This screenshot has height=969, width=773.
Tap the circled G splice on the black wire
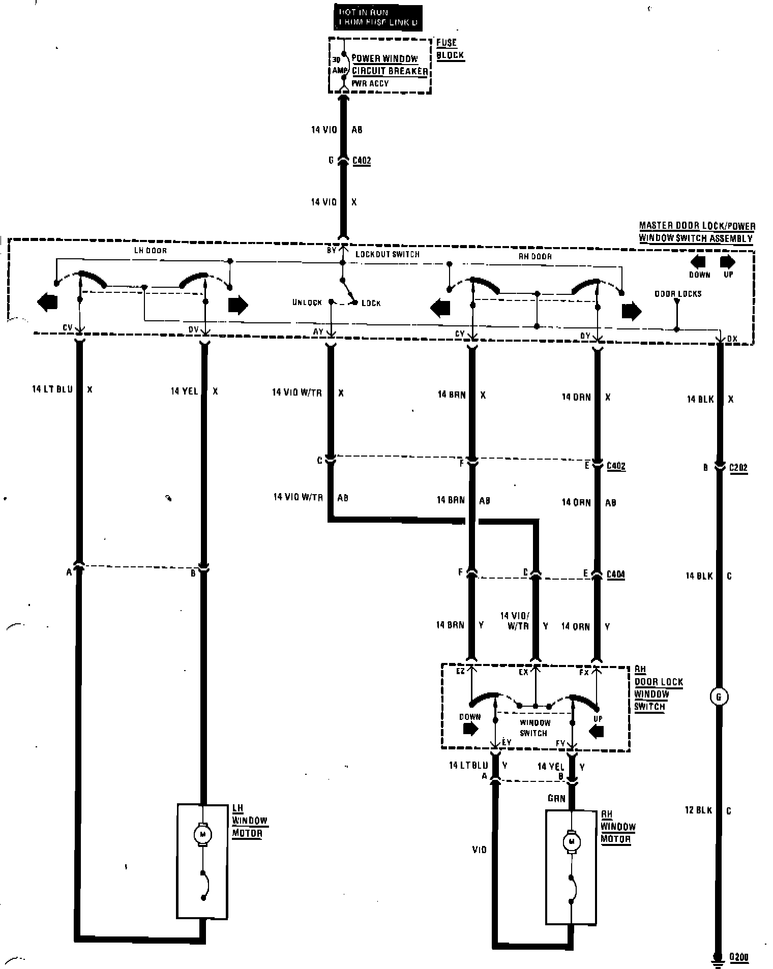pos(719,697)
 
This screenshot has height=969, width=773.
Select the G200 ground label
pos(739,957)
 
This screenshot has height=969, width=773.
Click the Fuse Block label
pos(450,49)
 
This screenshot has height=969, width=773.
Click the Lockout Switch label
pos(388,254)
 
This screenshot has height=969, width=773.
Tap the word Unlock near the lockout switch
pos(307,302)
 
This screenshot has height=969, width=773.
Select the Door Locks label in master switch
pos(678,294)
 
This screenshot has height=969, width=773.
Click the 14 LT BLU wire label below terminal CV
pos(52,389)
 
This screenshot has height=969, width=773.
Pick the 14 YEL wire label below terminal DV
pos(184,391)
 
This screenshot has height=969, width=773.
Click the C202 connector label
pos(738,467)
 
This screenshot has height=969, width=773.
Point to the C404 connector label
pos(616,574)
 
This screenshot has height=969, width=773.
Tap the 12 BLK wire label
pos(699,810)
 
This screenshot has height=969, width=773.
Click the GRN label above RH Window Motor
pos(556,798)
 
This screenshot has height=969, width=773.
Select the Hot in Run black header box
pos(378,17)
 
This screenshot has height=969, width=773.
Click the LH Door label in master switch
pos(150,251)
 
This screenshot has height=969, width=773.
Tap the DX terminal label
pos(732,339)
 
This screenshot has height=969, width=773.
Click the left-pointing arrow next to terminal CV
pos(47,302)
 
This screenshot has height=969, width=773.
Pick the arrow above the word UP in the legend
pos(728,262)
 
